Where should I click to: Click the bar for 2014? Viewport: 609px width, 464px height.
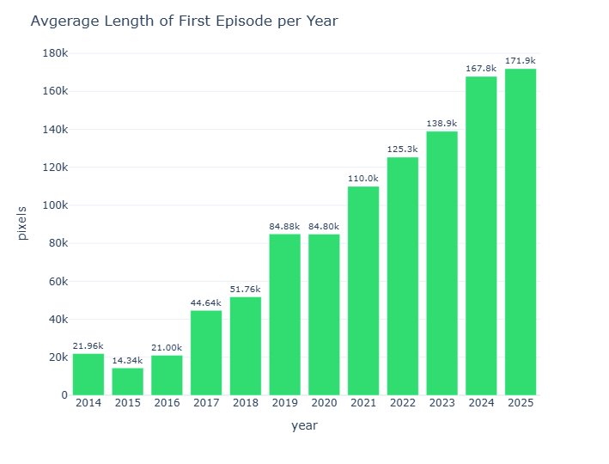(x=88, y=375)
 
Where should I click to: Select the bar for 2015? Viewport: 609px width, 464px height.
(x=127, y=382)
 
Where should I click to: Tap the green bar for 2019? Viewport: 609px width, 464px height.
(x=284, y=314)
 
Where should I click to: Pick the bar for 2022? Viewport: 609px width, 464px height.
(x=403, y=276)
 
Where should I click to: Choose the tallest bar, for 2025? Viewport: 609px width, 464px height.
(x=521, y=232)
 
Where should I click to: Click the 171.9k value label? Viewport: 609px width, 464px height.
(x=521, y=60)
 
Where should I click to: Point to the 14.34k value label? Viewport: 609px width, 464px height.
(x=127, y=360)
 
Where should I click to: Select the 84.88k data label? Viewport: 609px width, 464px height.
(x=284, y=226)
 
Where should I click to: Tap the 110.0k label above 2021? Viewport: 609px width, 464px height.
(x=363, y=178)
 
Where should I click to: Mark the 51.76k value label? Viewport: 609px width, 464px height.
(x=245, y=289)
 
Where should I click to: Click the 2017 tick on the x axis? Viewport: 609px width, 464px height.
(x=206, y=402)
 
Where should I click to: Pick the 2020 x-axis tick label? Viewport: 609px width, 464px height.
(x=324, y=402)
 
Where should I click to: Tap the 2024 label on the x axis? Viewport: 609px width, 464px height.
(x=481, y=402)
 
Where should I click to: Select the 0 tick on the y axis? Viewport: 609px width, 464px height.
(x=63, y=395)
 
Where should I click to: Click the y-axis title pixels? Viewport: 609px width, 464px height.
(x=23, y=223)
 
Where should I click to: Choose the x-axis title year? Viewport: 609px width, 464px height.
(x=304, y=426)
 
